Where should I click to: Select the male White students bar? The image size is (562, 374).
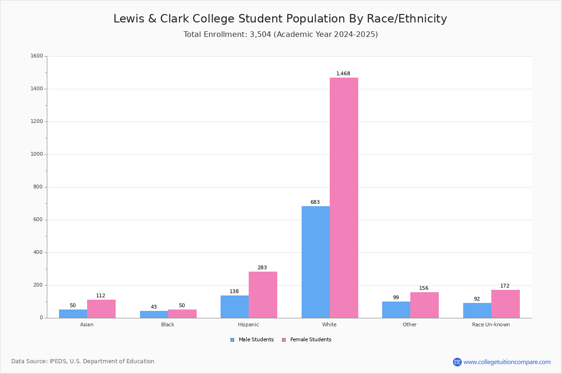click(316, 262)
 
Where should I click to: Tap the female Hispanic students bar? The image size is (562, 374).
click(263, 295)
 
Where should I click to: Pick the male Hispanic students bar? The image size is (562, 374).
click(235, 307)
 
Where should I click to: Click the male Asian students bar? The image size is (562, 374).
click(73, 314)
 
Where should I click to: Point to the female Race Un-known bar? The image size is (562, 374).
click(505, 304)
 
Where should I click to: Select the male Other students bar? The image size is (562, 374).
click(396, 309)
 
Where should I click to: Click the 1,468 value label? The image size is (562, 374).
click(343, 74)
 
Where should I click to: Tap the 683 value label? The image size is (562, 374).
click(315, 202)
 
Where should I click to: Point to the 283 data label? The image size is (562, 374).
click(262, 268)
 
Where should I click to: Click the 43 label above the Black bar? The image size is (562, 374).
click(154, 307)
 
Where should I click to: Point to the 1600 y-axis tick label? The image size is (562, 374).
click(37, 56)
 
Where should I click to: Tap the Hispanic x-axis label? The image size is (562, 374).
click(248, 324)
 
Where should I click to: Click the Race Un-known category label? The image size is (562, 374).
click(491, 324)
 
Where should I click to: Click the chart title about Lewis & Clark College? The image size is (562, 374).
click(280, 19)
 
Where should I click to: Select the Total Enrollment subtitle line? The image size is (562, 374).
click(281, 35)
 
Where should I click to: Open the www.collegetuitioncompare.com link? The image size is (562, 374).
click(507, 362)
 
